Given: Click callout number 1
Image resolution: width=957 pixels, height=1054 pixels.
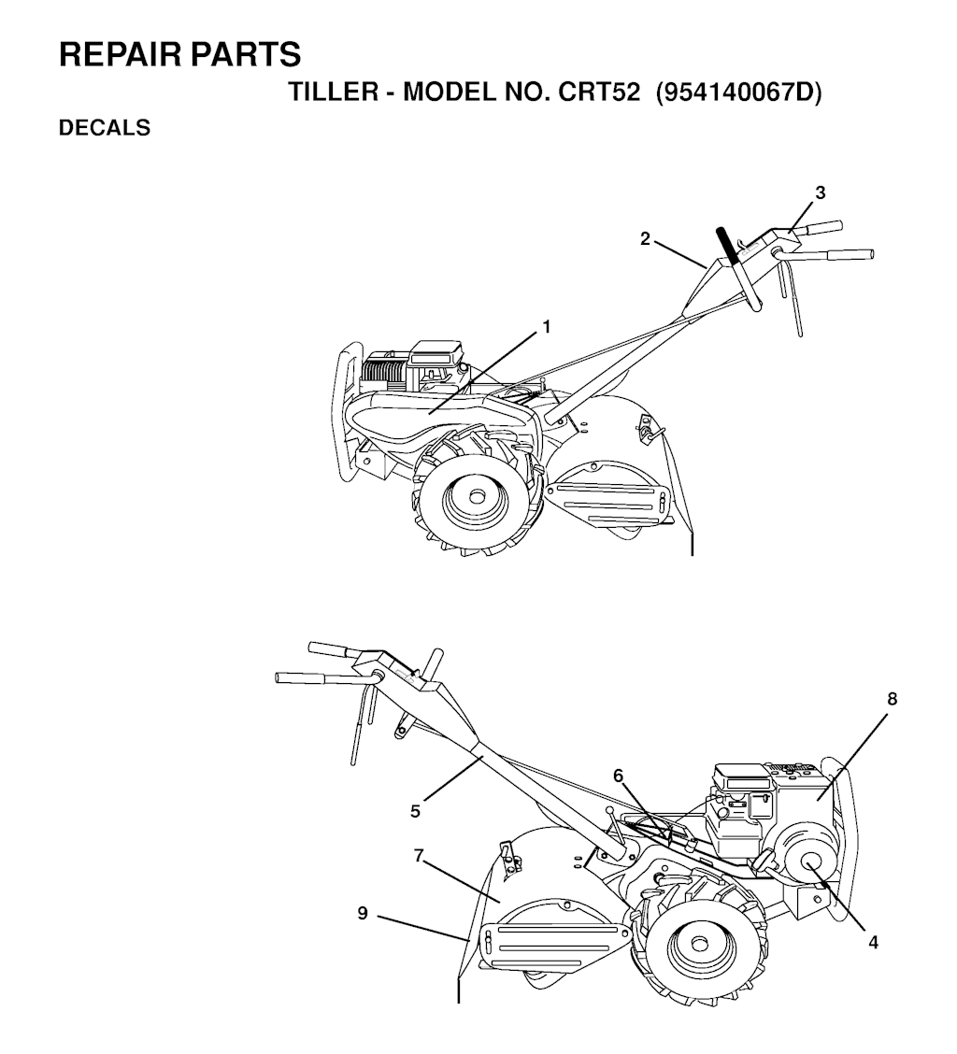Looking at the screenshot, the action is pos(547,327).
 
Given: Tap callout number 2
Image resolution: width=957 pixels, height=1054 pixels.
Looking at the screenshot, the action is pos(645,238).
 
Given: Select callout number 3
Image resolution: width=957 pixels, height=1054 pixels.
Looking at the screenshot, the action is pos(820,192).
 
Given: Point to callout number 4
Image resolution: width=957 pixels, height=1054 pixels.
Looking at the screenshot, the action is pos(873,943).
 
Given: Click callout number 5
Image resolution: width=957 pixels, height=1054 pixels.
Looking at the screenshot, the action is pos(415,811).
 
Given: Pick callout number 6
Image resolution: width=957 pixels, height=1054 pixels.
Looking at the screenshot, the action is pos(618,776).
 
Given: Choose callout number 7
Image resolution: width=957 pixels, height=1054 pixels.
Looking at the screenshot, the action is pos(419,856).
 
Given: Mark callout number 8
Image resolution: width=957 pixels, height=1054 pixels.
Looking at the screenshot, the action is pos(892,699).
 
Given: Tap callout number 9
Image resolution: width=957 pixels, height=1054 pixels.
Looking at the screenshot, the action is pos(363,913).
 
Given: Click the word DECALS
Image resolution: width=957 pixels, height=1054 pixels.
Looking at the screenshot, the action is pos(105,127).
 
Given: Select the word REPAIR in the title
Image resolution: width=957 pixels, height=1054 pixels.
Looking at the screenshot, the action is pos(121,54).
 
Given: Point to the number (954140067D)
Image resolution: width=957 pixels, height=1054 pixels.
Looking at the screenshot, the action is pos(739,92).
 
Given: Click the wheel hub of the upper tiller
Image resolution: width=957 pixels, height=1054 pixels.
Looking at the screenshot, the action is pos(477,495).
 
